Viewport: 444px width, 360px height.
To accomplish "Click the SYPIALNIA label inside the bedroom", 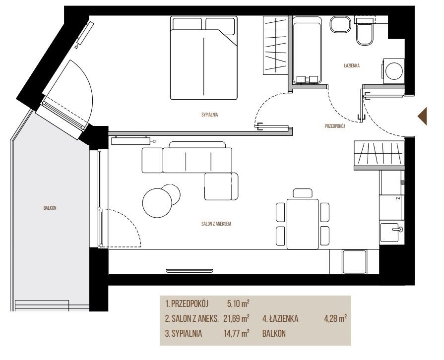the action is click(x=209, y=115).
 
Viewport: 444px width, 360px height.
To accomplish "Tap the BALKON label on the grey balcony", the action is click(x=50, y=208).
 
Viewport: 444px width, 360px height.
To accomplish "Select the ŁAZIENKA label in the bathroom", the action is click(x=352, y=65).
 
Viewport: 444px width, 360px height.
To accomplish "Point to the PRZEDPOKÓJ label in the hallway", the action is click(x=335, y=126).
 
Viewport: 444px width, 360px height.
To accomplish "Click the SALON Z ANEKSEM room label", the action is click(x=216, y=224).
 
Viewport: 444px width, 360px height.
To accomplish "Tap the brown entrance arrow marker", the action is click(x=422, y=116).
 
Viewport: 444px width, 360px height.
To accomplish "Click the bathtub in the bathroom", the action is click(x=307, y=50).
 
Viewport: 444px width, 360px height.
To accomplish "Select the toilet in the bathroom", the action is click(x=365, y=31).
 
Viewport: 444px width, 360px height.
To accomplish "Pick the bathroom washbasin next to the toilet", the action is click(x=341, y=24).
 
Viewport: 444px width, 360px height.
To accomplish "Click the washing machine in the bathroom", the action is click(x=393, y=71).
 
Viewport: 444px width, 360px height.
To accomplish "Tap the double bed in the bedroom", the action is click(x=203, y=58).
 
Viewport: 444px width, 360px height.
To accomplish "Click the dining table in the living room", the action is click(x=303, y=224).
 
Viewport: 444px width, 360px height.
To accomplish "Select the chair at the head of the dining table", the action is click(x=303, y=193).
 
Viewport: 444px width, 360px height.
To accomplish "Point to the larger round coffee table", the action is click(x=157, y=203).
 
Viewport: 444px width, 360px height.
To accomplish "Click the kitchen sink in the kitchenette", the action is click(x=391, y=233).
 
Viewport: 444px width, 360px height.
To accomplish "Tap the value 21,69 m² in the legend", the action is click(x=237, y=318).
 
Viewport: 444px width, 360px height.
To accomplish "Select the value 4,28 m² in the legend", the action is click(x=335, y=318).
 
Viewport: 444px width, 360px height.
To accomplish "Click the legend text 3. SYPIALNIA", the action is click(x=184, y=333).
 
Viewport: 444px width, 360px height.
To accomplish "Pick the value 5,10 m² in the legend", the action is click(x=238, y=303).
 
